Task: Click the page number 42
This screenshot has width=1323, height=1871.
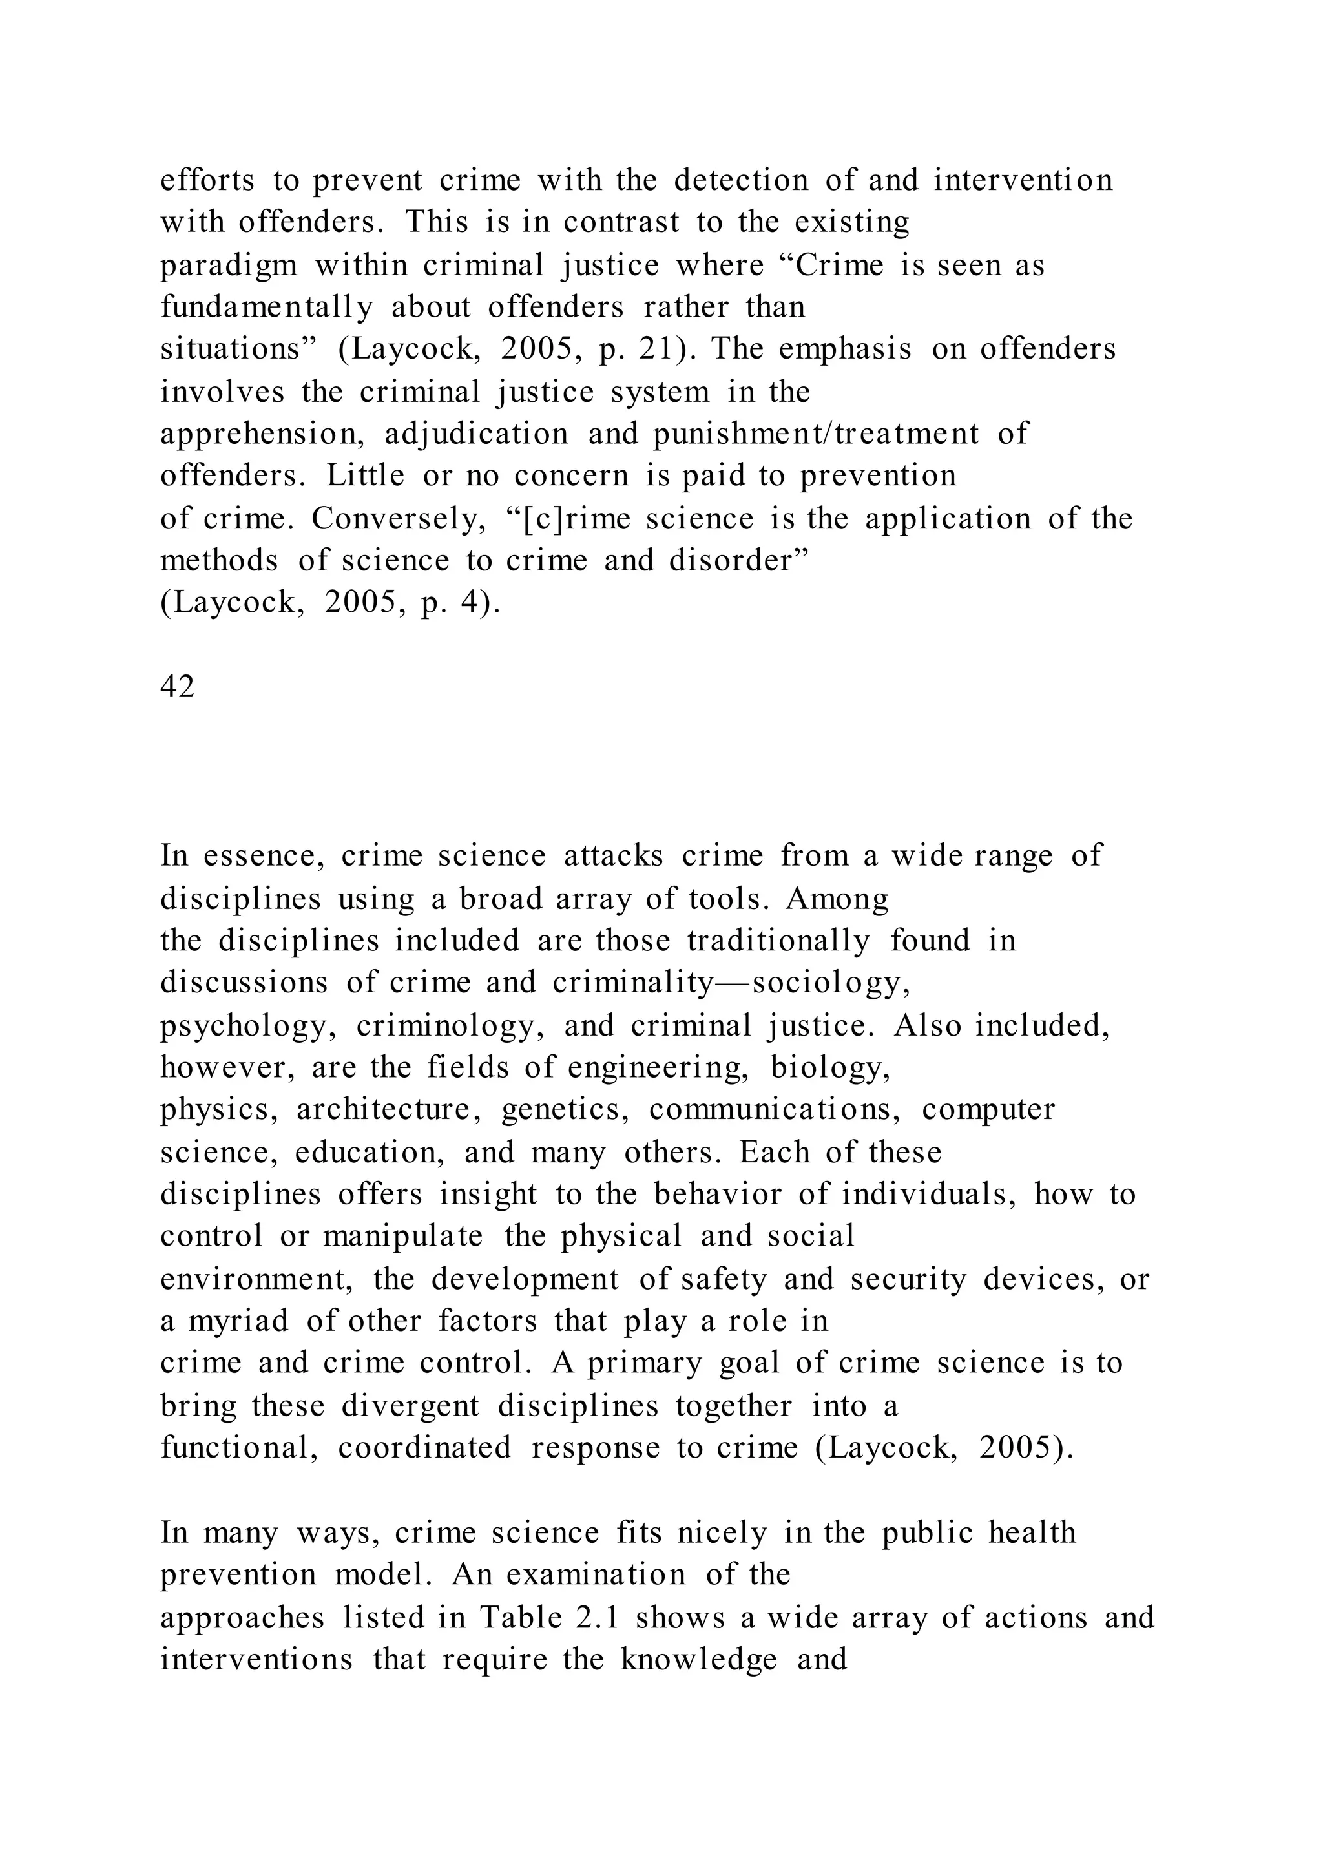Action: [177, 687]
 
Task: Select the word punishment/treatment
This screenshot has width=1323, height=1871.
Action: [815, 434]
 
